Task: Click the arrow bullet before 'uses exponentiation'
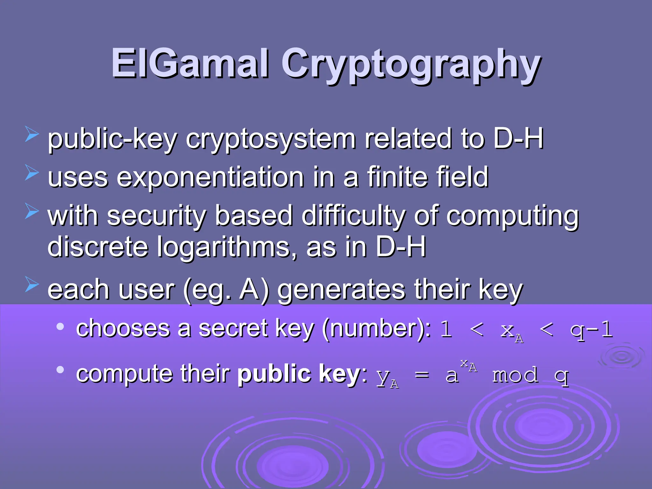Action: point(32,173)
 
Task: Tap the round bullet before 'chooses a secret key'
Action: point(60,327)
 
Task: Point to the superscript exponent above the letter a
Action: point(469,365)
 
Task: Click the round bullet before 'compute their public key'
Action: point(60,370)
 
